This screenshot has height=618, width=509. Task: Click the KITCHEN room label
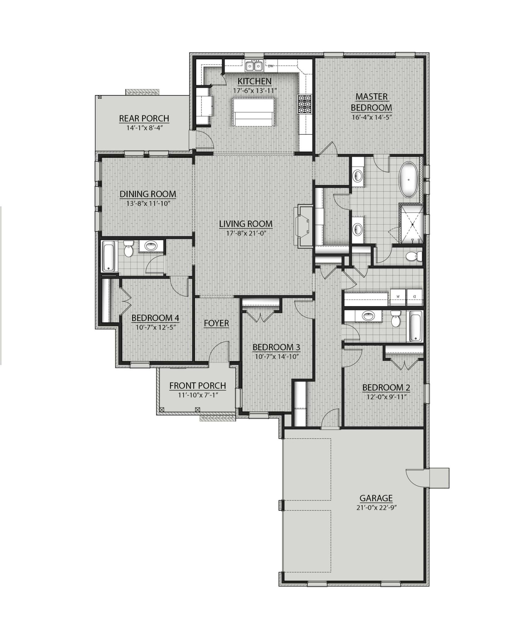[x=254, y=81]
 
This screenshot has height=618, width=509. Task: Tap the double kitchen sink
[x=254, y=66]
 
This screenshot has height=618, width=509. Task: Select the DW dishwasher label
[x=271, y=66]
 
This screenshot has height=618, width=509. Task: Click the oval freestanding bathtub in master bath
[x=409, y=180]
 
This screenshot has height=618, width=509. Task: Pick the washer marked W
[x=398, y=297]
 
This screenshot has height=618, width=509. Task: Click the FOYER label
[x=216, y=323]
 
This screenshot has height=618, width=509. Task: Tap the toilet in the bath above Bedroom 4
[x=128, y=249]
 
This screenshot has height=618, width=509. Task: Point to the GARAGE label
[x=376, y=498]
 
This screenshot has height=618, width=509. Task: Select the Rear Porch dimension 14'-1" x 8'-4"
[x=144, y=127]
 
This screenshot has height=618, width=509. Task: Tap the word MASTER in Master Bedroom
[x=371, y=97]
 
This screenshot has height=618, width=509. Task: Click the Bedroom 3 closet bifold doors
[x=261, y=316]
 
